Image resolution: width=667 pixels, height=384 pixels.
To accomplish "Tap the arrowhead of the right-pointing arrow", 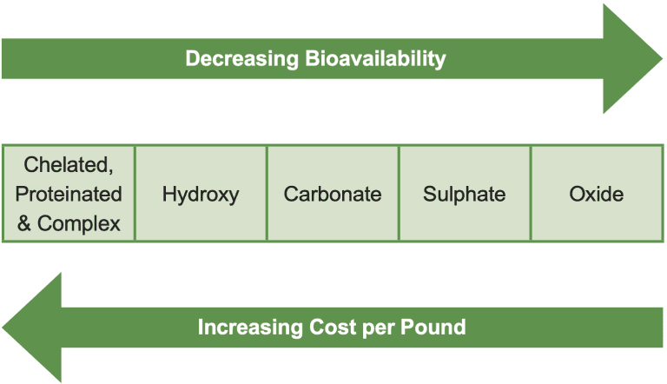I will tap(631, 59).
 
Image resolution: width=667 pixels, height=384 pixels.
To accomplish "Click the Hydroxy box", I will tap(201, 194).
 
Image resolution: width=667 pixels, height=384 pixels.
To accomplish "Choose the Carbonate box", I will tap(333, 194).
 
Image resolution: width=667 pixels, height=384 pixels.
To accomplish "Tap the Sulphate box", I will tap(465, 194).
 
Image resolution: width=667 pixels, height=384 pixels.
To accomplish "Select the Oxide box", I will tap(597, 194).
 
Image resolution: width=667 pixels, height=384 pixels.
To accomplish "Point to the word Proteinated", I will tap(69, 194).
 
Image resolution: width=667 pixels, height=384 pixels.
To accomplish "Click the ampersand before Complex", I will tap(24, 222).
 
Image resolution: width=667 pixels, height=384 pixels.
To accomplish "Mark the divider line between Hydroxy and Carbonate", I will tap(267, 194).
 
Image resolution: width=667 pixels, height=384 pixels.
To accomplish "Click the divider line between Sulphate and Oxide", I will tap(531, 194).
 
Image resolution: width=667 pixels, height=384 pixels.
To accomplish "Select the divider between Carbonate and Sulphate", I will tap(399, 194).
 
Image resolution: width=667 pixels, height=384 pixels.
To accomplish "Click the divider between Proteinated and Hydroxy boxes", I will tap(135, 194).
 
